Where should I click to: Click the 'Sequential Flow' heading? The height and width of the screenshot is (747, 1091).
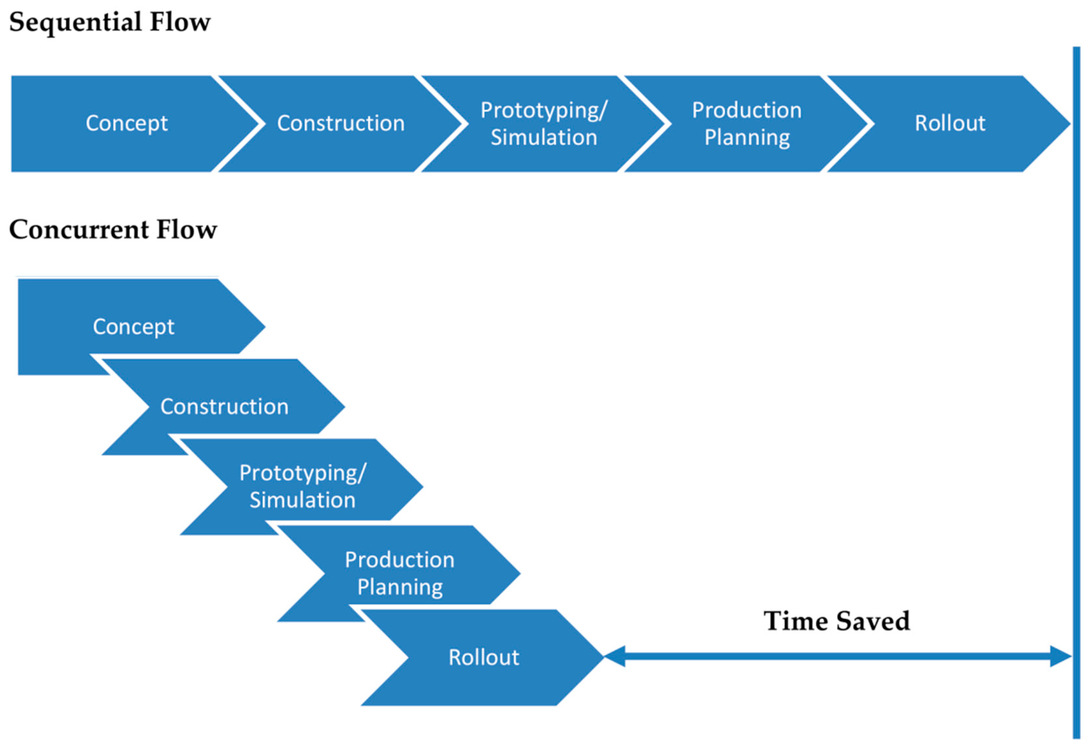coord(110,22)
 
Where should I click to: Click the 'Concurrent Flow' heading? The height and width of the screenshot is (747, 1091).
coord(113,230)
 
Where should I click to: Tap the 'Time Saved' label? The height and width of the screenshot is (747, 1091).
coord(837,621)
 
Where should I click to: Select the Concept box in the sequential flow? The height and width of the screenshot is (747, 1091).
coord(127,124)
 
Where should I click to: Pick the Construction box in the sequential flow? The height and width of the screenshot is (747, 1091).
coord(340,124)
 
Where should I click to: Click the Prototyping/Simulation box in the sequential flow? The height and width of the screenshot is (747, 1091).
coord(544,124)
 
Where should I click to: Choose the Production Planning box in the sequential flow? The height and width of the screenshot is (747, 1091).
coord(746,124)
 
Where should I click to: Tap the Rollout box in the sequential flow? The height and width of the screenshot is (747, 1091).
coord(950,124)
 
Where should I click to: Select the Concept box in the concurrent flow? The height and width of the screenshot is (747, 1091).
coord(134,326)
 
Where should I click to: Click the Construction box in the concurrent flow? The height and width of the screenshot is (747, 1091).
coord(224,407)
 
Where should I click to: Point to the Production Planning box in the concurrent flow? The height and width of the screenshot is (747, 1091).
coord(400,573)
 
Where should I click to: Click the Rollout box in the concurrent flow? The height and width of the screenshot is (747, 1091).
coord(483,657)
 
